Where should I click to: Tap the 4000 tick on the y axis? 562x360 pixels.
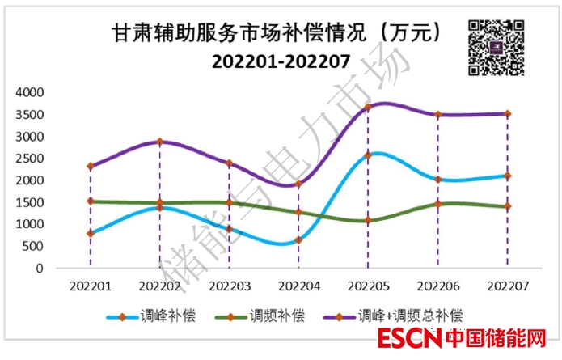[31, 92]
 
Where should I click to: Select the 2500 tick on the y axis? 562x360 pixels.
[31, 158]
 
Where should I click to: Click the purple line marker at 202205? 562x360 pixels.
[368, 107]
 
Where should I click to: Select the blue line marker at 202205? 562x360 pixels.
[368, 155]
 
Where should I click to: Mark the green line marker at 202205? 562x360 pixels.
[368, 220]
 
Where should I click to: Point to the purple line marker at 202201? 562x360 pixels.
[91, 166]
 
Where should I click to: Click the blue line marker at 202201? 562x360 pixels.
[91, 233]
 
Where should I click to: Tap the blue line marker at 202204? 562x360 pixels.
[298, 239]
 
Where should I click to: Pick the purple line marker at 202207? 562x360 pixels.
[507, 114]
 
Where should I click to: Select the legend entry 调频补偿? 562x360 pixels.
[277, 315]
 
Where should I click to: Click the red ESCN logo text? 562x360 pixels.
[411, 338]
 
